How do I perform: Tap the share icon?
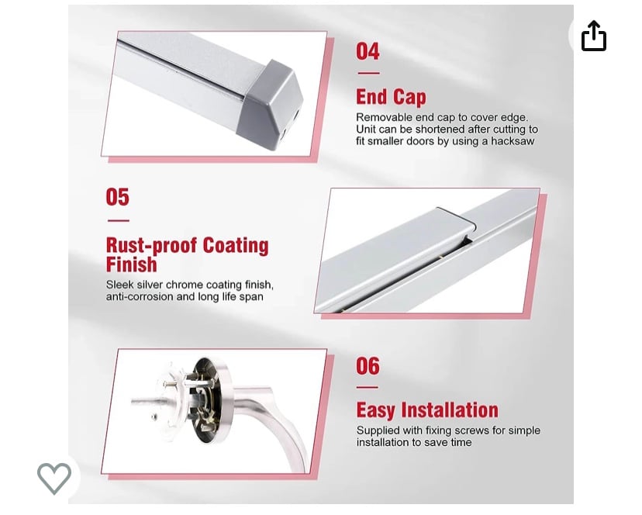pos(594,36)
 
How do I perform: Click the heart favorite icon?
pos(54,478)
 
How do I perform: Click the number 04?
pos(368,52)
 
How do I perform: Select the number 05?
pos(118,197)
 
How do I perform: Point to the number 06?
pos(368,366)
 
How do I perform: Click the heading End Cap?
pos(391,97)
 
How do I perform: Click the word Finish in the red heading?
pos(132,264)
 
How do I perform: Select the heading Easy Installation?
pos(427,410)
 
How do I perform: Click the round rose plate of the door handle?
pos(209,401)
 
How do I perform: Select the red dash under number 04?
pos(368,74)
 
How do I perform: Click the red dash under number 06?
pos(368,387)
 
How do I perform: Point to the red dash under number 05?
pos(119,221)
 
